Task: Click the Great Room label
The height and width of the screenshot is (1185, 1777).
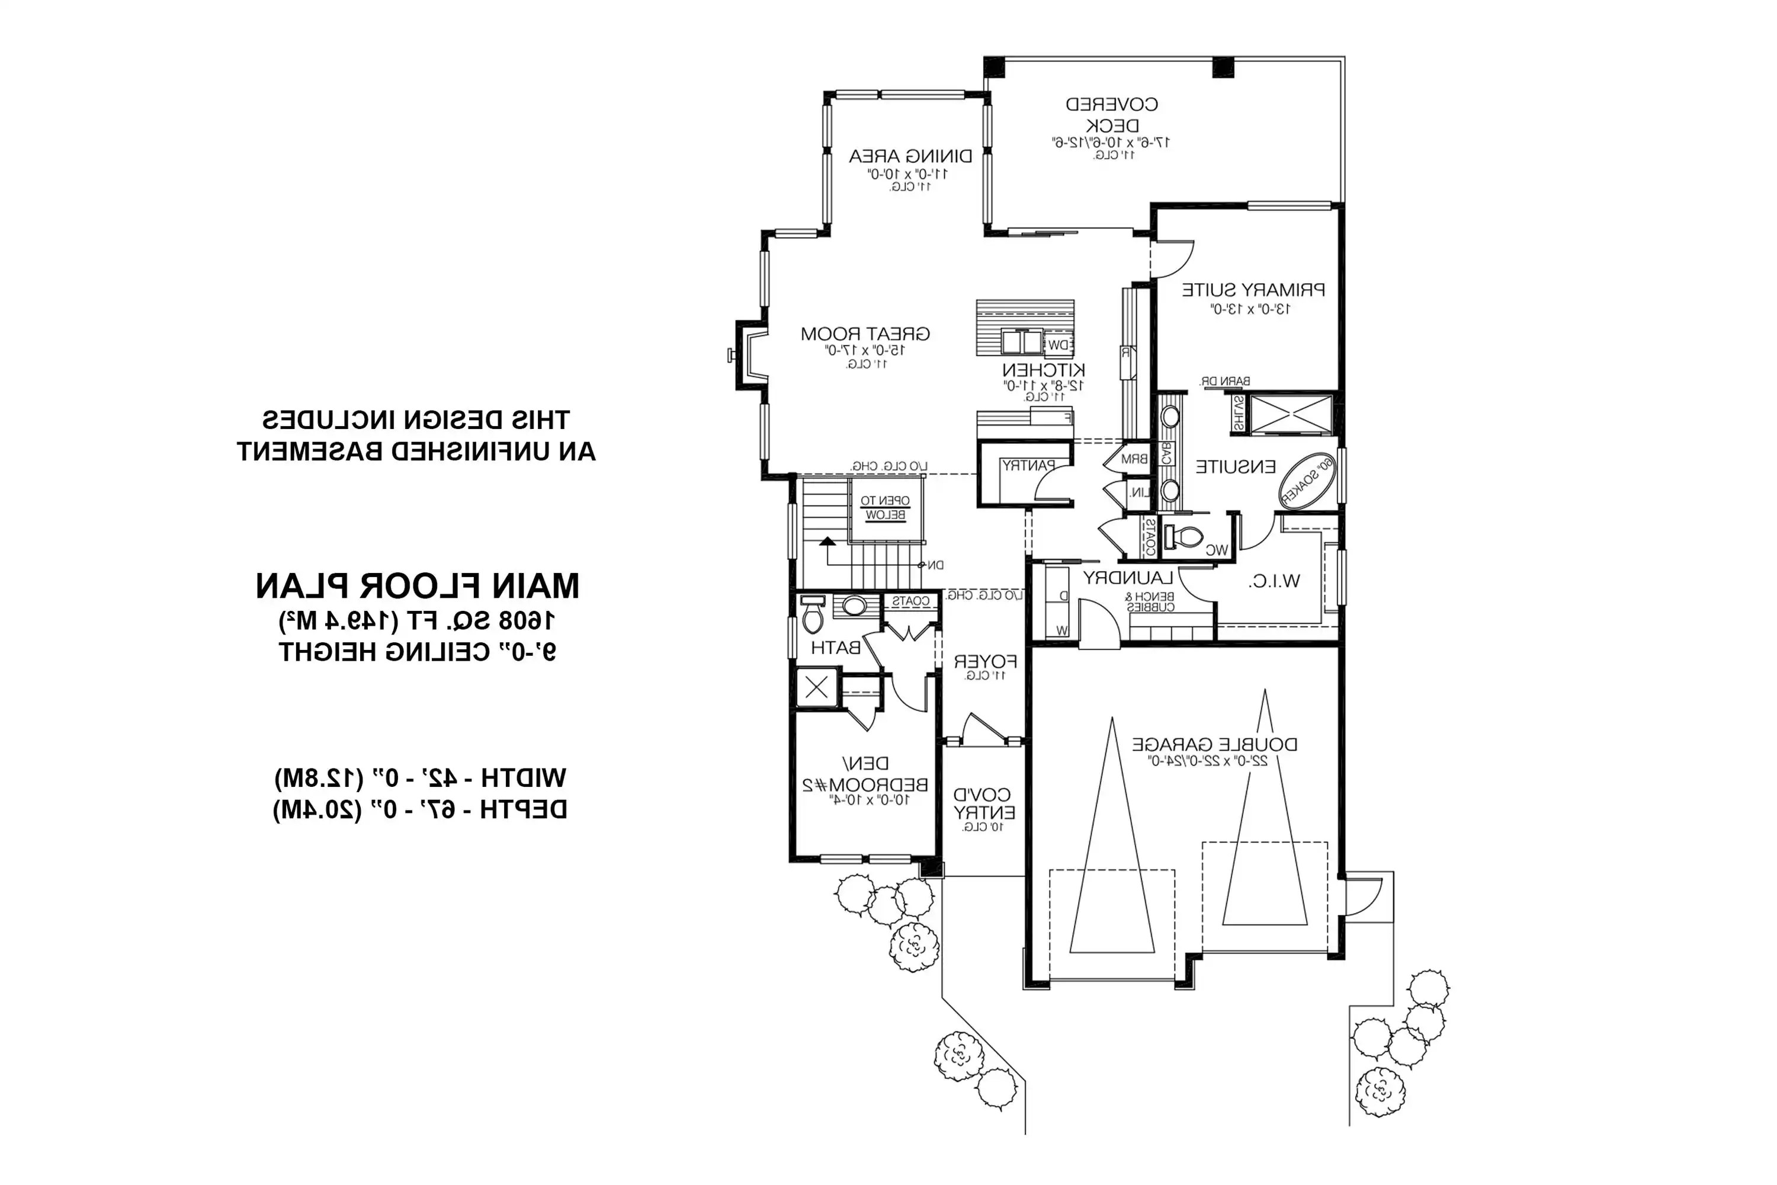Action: (865, 333)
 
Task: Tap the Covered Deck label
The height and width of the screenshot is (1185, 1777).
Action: (1111, 114)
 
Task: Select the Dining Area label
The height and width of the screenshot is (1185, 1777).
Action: (910, 156)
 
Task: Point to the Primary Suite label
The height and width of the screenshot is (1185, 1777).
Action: (1253, 290)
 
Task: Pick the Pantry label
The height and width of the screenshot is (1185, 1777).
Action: (1028, 466)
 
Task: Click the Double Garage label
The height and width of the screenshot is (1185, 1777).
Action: (1214, 744)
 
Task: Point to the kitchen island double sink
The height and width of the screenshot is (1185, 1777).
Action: (1021, 342)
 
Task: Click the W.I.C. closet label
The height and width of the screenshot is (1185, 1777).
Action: (1274, 581)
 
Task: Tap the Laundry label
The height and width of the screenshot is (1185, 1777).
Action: (1127, 578)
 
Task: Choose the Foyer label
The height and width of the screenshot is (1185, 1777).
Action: (984, 662)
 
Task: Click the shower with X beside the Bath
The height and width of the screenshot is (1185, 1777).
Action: (817, 688)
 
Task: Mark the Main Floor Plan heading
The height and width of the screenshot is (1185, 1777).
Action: (417, 586)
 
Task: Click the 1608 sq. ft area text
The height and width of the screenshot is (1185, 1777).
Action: (417, 621)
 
